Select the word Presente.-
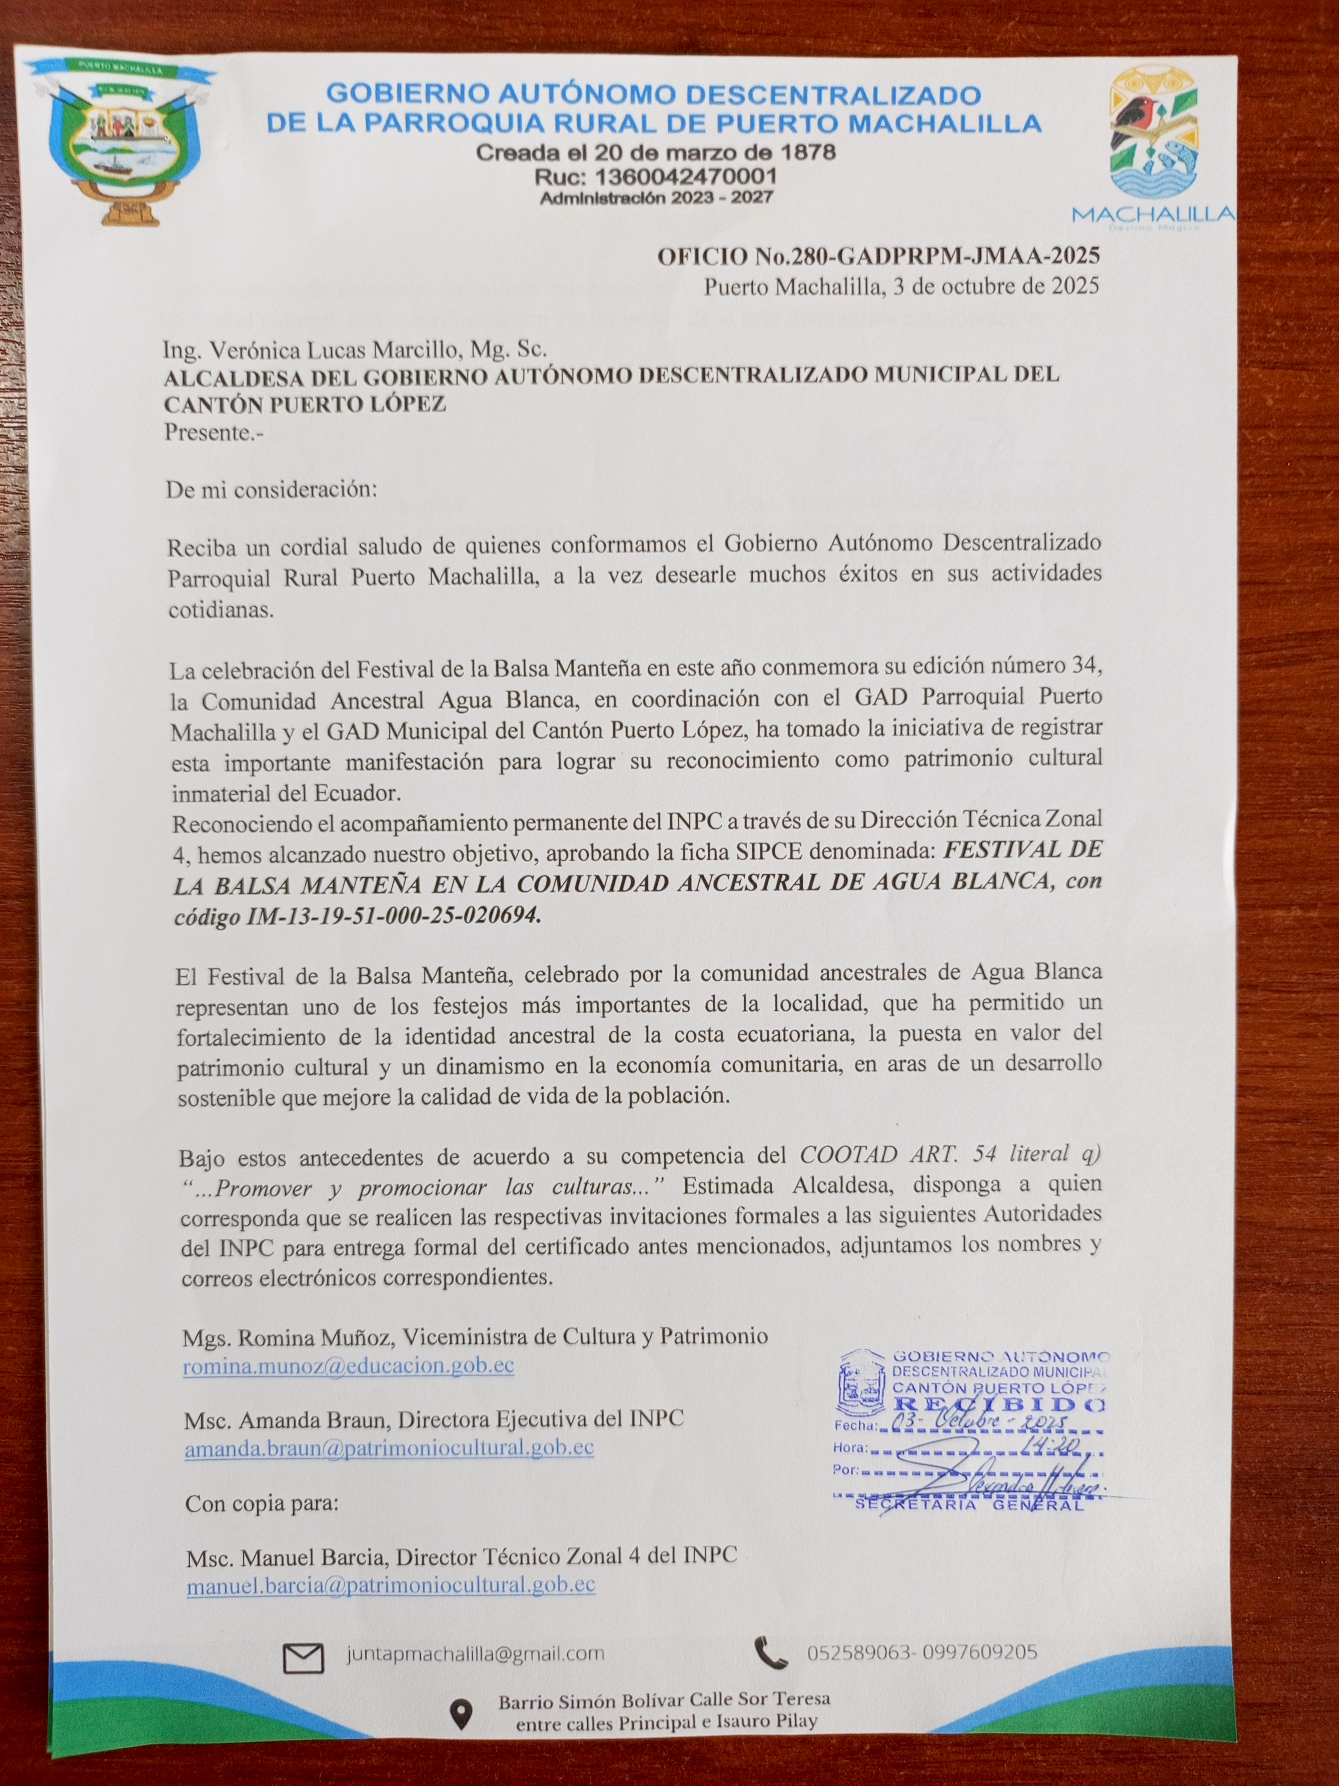pos(214,433)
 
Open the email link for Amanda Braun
pos(389,1448)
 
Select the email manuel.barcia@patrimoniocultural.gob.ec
pos(391,1585)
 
